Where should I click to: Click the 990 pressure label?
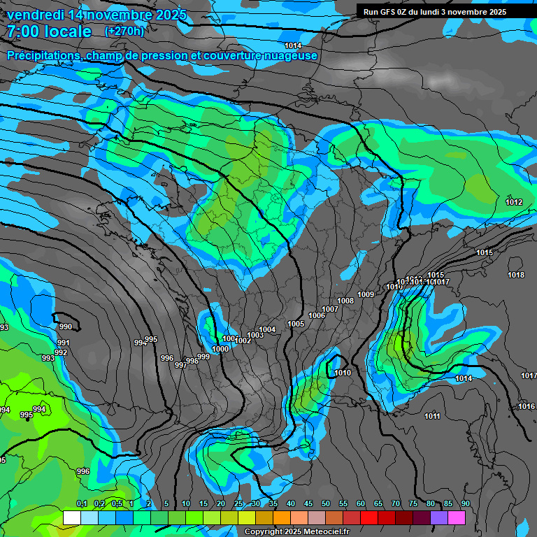pos(65,327)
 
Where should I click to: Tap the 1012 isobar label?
pos(514,202)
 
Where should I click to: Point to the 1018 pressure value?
pos(516,275)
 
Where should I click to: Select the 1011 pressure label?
pos(432,417)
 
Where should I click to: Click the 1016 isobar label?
pos(527,406)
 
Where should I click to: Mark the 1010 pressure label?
pos(343,373)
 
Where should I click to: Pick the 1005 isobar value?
pos(296,324)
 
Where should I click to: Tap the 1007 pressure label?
pos(330,309)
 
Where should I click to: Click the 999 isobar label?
pos(203,357)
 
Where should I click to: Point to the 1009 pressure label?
pos(366,294)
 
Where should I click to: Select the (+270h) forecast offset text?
pos(124,31)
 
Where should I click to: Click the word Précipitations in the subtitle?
pos(41,55)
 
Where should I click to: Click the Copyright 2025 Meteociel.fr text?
pos(296,531)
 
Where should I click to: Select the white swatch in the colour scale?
pos(71,517)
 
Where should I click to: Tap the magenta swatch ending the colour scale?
pos(457,517)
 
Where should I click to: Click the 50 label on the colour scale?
pos(326,503)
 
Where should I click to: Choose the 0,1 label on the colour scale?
pos(82,503)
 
